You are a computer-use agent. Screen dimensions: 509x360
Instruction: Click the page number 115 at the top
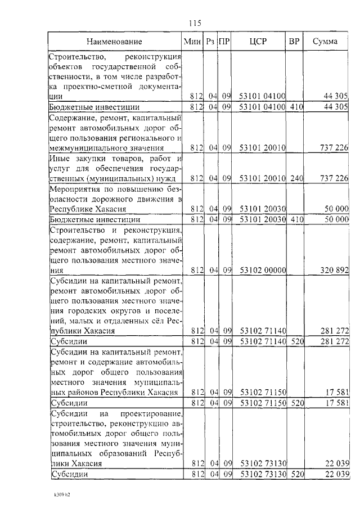coord(195,23)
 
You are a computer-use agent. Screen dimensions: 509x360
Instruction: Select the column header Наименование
coord(114,42)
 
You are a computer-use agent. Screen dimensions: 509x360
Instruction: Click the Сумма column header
coord(325,42)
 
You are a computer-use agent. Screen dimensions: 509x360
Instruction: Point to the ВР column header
coord(294,42)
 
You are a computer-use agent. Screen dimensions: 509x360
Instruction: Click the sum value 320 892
coord(335,270)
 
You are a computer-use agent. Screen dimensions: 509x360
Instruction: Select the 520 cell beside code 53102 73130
coord(296,474)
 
